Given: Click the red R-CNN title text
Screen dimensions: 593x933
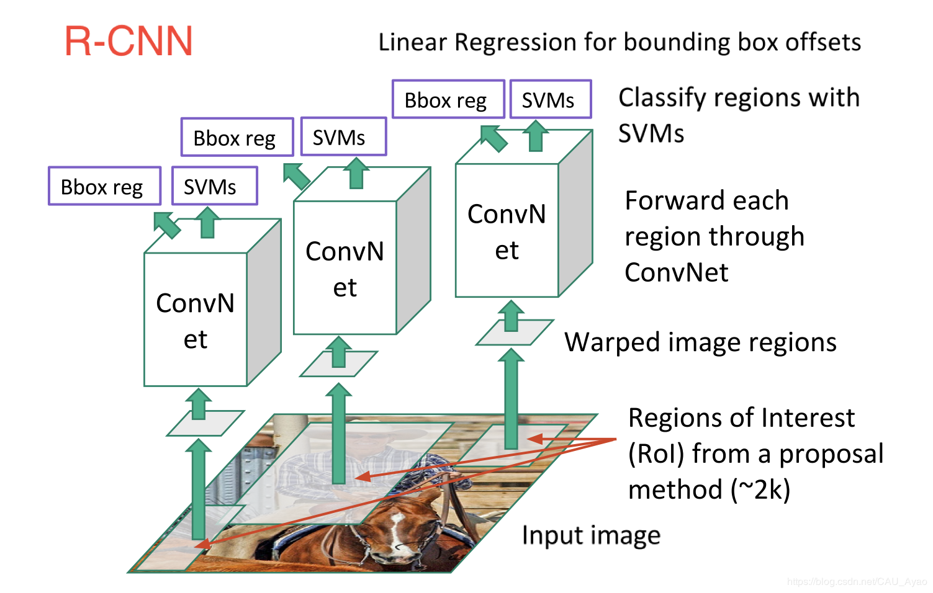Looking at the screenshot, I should [128, 42].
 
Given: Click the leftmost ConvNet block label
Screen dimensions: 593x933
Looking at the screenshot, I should [195, 321].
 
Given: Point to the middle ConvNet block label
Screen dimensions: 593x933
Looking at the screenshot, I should [345, 269].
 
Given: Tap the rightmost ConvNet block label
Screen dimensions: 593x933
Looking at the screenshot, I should [507, 231].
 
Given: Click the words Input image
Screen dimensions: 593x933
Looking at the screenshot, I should [590, 535].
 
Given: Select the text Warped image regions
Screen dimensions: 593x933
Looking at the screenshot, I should [700, 342].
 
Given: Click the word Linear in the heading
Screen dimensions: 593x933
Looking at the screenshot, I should [412, 42].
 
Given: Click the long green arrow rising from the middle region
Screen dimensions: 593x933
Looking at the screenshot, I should [338, 434].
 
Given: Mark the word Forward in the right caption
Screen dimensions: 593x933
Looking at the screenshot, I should [665, 201].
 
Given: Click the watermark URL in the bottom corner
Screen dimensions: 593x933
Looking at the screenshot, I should [856, 582].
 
